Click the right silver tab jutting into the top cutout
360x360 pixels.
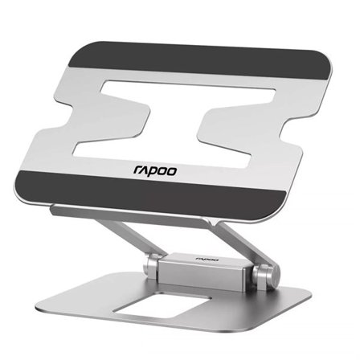(274, 129)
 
